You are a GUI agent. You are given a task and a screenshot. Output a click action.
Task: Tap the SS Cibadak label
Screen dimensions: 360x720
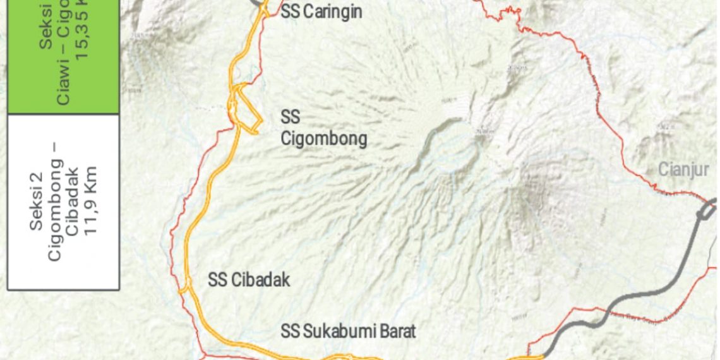[249, 280]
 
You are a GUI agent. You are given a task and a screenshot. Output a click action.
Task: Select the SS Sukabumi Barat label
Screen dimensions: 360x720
[349, 330]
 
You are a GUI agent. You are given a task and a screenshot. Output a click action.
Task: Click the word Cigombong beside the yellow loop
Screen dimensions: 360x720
[324, 138]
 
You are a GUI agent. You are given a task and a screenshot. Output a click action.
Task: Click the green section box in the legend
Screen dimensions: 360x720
[63, 57]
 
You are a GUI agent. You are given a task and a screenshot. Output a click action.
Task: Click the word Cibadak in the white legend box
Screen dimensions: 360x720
[73, 201]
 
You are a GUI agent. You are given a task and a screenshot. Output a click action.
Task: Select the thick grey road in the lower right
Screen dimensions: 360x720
[638, 297]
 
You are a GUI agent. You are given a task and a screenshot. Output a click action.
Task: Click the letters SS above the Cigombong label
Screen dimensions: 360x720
[291, 117]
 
